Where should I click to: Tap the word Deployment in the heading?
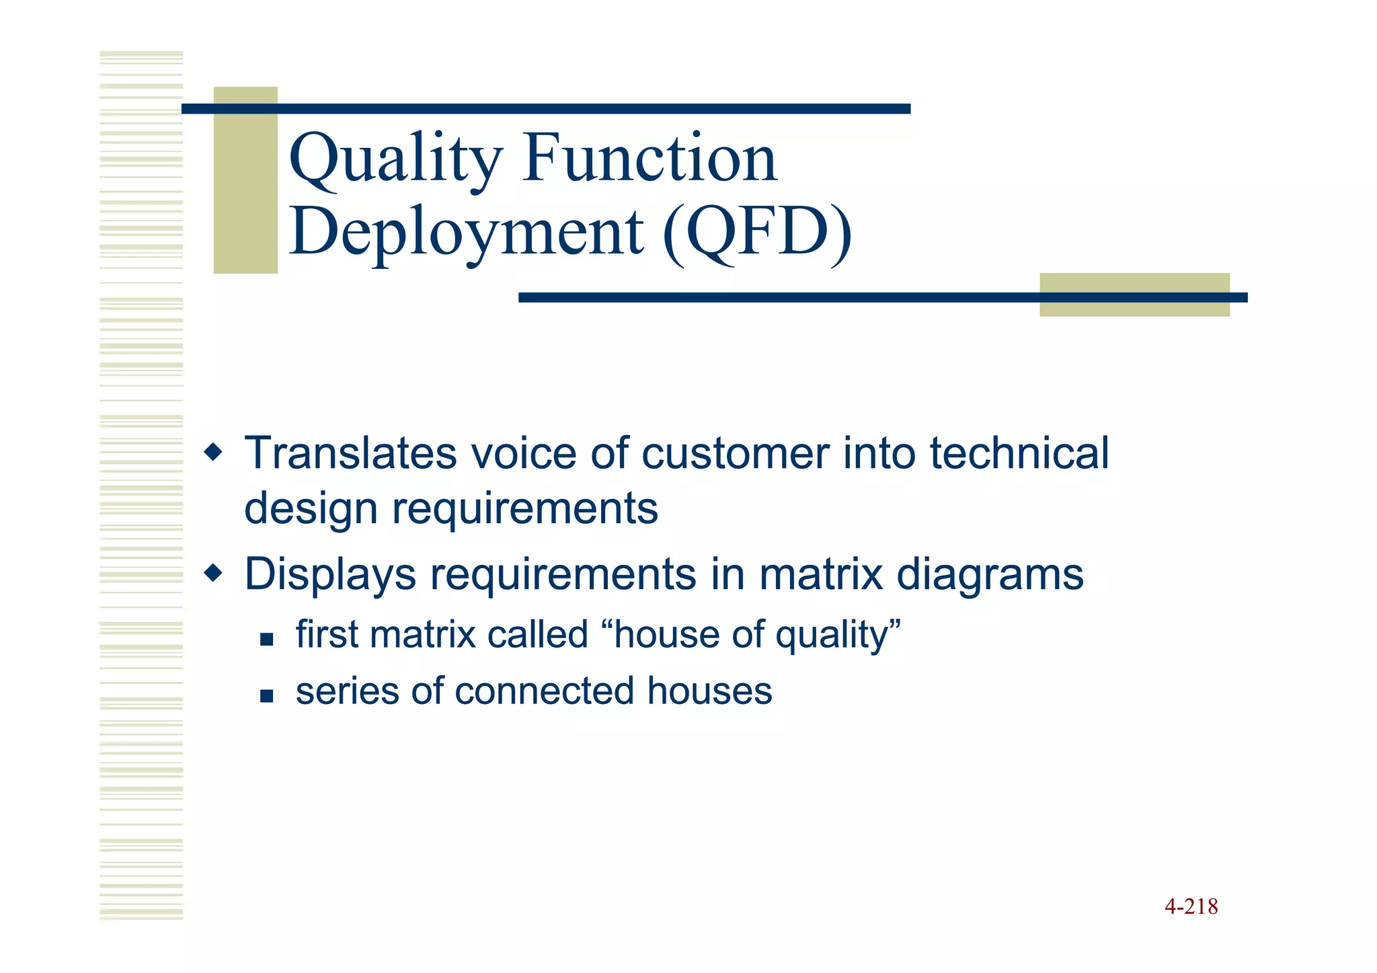coord(467,233)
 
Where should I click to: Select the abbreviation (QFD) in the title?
coord(757,233)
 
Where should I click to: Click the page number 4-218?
coord(1191,906)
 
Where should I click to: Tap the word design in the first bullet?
coord(311,508)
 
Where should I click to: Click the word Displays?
coord(330,575)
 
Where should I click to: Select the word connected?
coord(544,691)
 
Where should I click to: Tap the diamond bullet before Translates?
coord(213,452)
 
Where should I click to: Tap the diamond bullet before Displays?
coord(213,574)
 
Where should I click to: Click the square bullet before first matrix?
coord(266,639)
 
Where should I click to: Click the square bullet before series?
coord(266,695)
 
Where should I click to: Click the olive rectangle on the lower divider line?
coord(1134,295)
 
